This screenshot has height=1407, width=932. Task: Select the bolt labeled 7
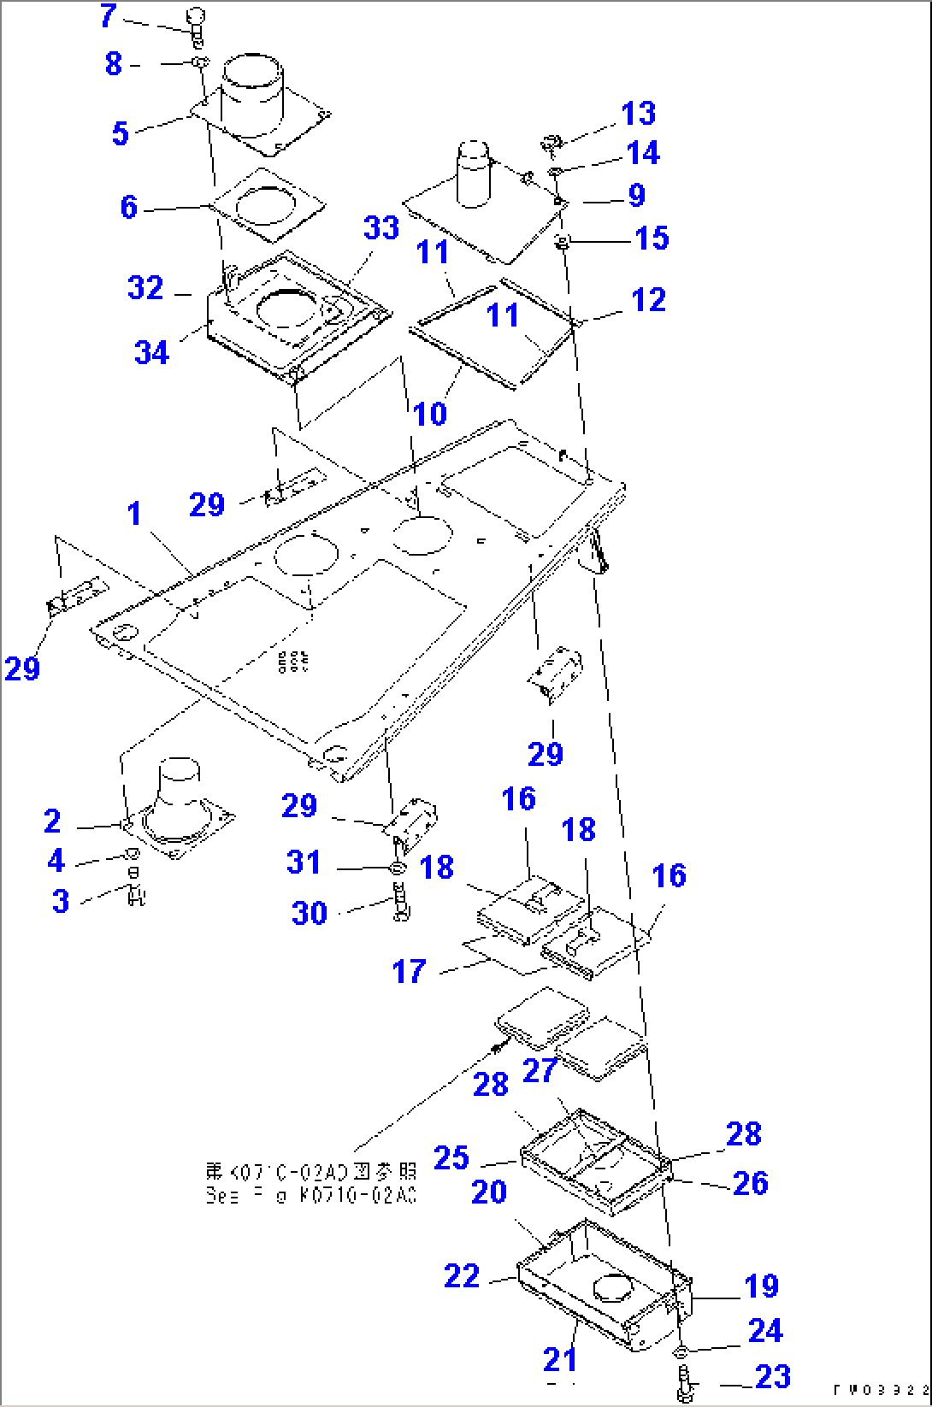point(196,23)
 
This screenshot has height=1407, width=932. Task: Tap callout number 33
point(380,228)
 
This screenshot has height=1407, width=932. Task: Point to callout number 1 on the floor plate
point(133,514)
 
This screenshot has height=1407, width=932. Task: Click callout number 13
point(638,114)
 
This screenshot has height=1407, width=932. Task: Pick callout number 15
point(652,238)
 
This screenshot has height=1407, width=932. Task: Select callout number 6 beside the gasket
point(128,207)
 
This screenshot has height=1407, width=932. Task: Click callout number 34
point(152,351)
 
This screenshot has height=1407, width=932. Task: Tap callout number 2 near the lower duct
point(53,821)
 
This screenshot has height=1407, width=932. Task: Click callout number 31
point(304,862)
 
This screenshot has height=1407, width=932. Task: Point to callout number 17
point(409,971)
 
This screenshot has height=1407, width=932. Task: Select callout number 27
point(540,1070)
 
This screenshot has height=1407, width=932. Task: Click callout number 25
point(451,1157)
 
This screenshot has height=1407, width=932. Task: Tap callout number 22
point(462,1276)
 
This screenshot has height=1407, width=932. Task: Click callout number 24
point(765,1330)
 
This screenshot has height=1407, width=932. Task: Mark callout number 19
point(761,1286)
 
